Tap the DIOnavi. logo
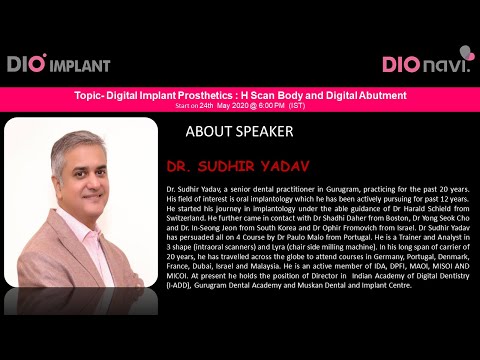coord(425,62)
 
